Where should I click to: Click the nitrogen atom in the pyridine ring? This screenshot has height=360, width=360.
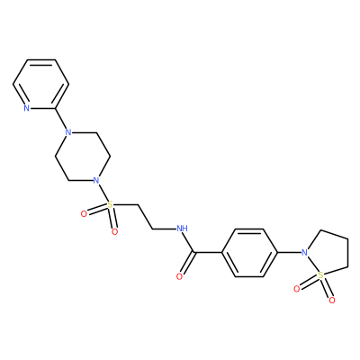click(27, 108)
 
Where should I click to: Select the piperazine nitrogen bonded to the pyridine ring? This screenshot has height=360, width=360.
click(68, 132)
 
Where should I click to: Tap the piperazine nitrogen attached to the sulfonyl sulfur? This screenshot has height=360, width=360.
click(96, 181)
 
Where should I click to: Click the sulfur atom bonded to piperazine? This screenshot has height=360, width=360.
click(110, 205)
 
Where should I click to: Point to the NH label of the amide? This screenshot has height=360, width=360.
click(182, 229)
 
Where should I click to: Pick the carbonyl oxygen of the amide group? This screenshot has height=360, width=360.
click(179, 276)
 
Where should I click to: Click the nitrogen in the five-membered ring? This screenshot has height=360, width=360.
click(305, 253)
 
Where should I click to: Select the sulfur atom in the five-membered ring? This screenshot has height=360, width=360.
click(321, 274)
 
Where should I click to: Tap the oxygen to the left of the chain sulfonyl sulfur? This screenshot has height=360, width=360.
click(84, 213)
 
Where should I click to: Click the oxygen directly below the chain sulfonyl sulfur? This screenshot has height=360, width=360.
click(114, 231)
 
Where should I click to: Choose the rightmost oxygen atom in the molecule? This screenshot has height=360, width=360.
click(332, 300)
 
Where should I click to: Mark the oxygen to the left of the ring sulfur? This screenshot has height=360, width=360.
click(297, 289)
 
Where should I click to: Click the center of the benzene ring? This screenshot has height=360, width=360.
click(249, 253)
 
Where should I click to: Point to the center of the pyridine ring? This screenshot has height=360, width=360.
click(40, 85)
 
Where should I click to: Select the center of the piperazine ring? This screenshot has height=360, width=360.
click(82, 157)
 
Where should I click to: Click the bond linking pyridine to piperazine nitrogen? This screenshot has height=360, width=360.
click(61, 121)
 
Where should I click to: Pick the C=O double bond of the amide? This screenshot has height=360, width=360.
click(187, 264)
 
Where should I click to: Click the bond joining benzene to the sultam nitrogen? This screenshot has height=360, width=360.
click(289, 253)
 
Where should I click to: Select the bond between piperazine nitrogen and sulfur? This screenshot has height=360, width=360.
click(103, 193)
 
